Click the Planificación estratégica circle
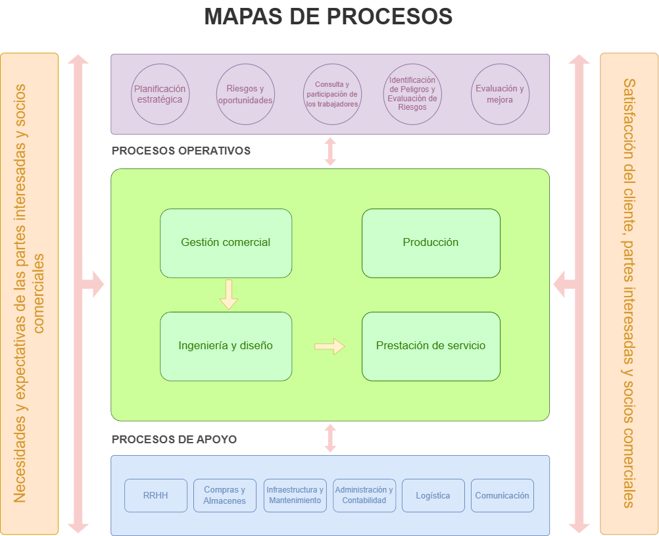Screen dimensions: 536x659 (160, 94)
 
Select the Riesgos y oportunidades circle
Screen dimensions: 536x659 (245, 94)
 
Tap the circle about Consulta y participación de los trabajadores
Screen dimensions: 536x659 (331, 94)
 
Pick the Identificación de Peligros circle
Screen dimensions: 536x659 (412, 94)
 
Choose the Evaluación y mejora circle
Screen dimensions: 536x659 (500, 94)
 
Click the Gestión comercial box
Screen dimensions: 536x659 (226, 243)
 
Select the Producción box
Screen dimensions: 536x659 (431, 243)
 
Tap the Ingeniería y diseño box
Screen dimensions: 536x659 (226, 346)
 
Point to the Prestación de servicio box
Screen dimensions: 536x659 (431, 346)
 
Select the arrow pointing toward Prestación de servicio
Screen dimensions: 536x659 (329, 346)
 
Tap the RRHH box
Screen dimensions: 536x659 (156, 495)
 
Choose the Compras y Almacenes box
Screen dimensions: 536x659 (224, 495)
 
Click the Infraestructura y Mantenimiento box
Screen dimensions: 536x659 (295, 495)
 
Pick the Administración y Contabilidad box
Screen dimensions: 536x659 (364, 495)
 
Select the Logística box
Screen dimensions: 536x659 (433, 495)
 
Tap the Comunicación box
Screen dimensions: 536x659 (502, 495)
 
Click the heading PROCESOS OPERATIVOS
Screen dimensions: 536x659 (181, 151)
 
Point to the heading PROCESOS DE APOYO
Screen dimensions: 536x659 (174, 439)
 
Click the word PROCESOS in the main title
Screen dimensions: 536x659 (389, 16)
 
